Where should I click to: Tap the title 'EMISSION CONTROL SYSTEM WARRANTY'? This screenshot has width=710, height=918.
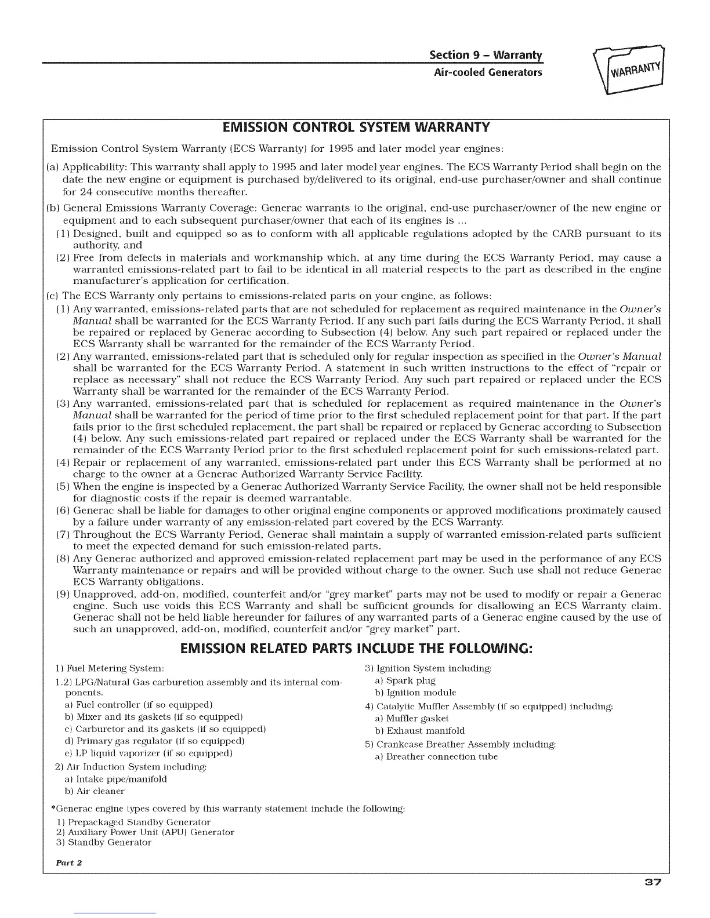[x=356, y=127]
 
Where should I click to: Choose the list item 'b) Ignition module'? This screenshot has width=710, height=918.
[x=415, y=693]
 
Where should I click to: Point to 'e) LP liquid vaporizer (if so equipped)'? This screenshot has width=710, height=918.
[x=148, y=753]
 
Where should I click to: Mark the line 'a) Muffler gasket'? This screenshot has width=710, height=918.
[x=412, y=719]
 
